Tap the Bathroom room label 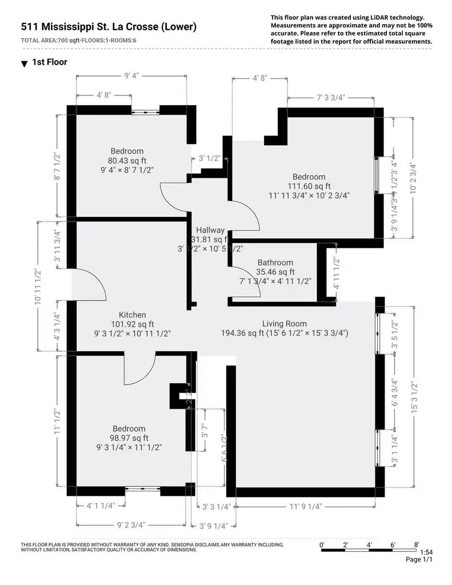[x=275, y=262]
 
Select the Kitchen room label [x=132, y=315]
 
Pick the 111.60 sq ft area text [x=309, y=186]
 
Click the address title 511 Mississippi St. [x=109, y=27]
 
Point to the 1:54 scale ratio [x=426, y=552]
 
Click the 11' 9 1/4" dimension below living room [x=305, y=506]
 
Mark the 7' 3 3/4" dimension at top [x=331, y=98]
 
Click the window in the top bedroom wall [x=146, y=110]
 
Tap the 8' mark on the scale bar [x=417, y=544]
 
